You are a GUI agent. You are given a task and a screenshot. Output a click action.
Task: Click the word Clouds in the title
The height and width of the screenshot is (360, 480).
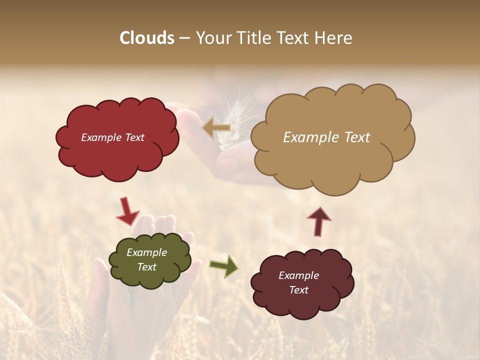coord(147,38)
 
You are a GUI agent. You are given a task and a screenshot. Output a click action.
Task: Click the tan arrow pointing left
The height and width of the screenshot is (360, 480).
coord(216,128)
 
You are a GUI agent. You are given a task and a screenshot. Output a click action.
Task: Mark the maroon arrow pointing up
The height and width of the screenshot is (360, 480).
coord(319,222)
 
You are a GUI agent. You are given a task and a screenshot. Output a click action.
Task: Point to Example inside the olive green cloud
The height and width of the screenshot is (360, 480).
coord(146,252)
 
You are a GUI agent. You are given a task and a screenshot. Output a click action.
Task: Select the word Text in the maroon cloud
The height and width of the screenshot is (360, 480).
coord(298,290)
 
